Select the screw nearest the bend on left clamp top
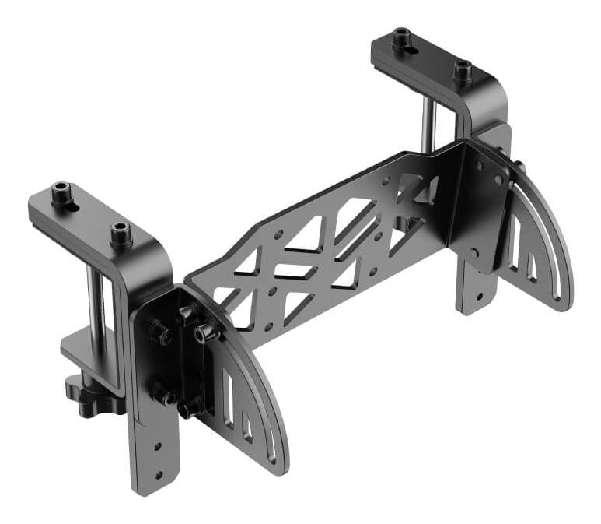120,231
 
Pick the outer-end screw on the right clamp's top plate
402,37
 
